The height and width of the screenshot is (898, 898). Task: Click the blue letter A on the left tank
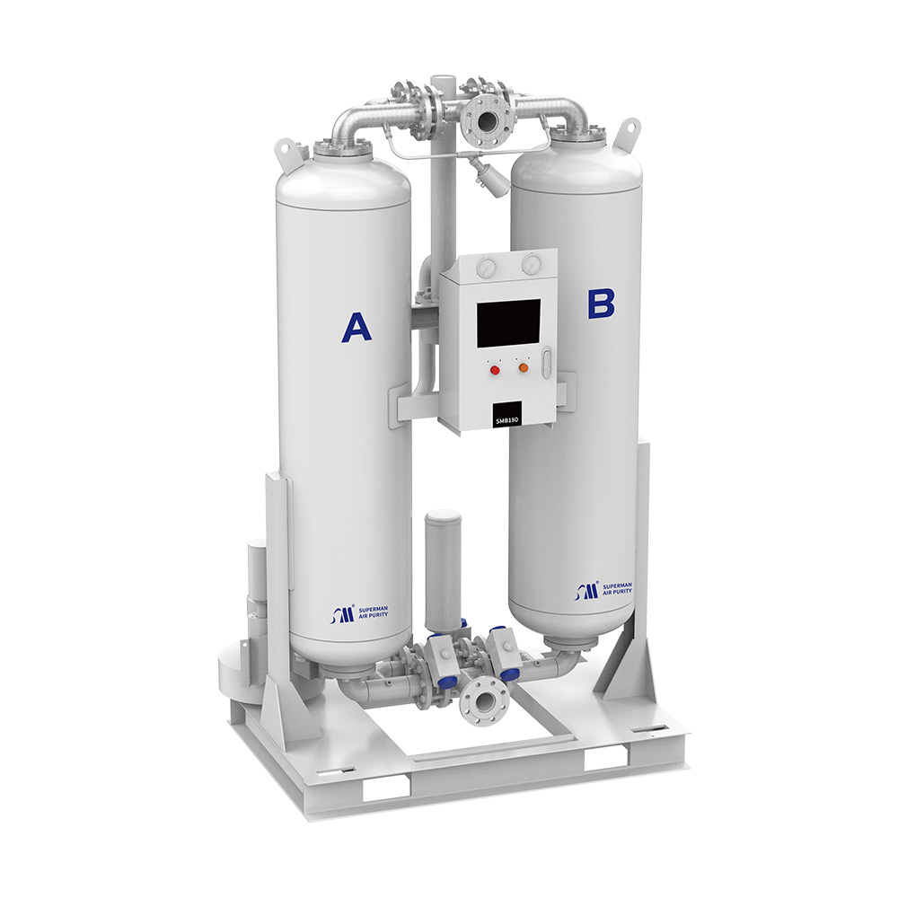[357, 327]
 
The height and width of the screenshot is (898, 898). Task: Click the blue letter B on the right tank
[601, 304]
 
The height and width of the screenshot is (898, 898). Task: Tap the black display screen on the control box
[508, 323]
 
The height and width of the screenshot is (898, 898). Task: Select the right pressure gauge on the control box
[532, 263]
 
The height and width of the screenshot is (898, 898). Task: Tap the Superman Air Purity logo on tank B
[603, 589]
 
